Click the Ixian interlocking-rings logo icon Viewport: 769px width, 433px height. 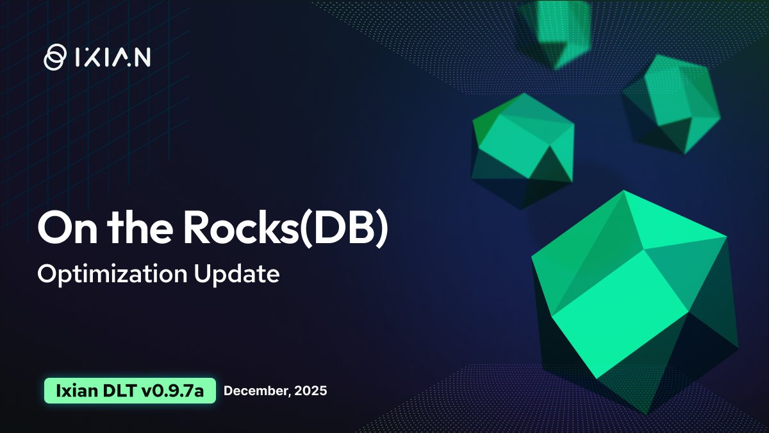[54, 56]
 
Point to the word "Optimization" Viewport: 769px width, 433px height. [110, 274]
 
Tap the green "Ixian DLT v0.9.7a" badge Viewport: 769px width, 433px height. [129, 390]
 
